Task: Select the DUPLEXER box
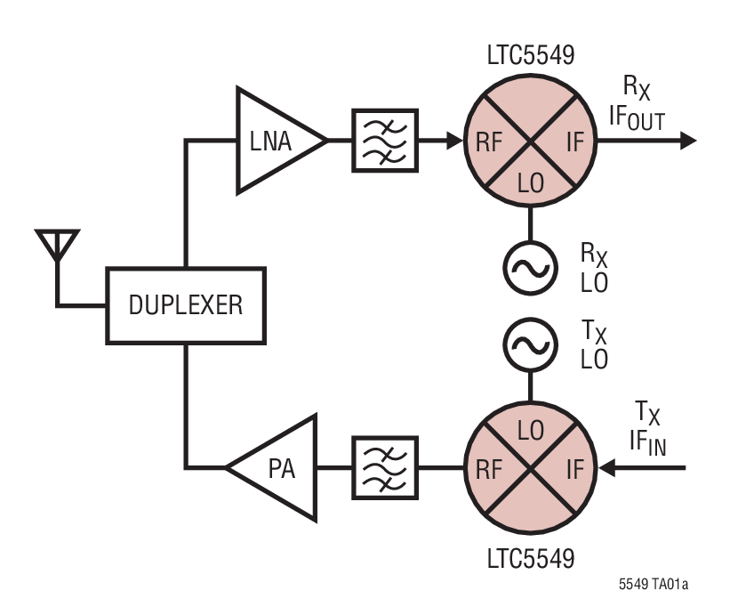[x=185, y=305]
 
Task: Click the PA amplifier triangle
[x=275, y=466]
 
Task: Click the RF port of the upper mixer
[x=488, y=141]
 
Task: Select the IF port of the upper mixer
[x=574, y=141]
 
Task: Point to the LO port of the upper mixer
[x=531, y=182]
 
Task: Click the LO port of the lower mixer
[x=531, y=428]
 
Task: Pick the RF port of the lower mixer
[x=488, y=467]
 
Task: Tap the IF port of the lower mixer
[x=574, y=467]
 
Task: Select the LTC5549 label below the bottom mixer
[x=531, y=561]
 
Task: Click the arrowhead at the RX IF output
[x=687, y=141]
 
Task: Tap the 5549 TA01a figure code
[x=653, y=585]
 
